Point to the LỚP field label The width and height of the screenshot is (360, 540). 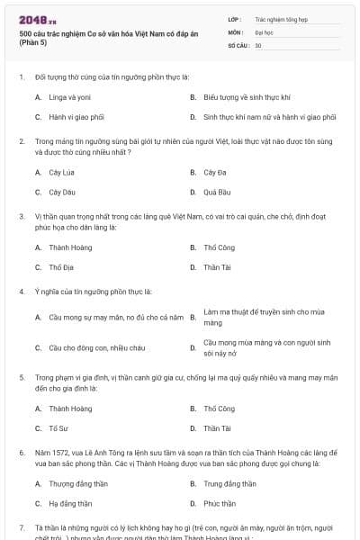pos(235,18)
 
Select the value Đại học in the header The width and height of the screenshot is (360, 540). pos(265,31)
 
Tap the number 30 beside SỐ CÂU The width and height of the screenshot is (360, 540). pos(258,44)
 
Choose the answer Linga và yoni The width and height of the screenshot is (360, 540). pos(69,97)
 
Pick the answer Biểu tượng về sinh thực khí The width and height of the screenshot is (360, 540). pos(247,97)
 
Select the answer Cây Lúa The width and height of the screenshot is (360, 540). pos(62,172)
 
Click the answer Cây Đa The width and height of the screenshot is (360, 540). pos(213,172)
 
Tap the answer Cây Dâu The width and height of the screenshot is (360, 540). pos(62,192)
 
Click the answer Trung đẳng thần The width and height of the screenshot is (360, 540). pos(232,484)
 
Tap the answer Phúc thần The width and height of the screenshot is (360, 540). pos(220,504)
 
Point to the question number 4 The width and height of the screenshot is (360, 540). pos(22,292)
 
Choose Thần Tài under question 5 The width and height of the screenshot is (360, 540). pos(217,428)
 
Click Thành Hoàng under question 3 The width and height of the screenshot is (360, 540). pos(69,247)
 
